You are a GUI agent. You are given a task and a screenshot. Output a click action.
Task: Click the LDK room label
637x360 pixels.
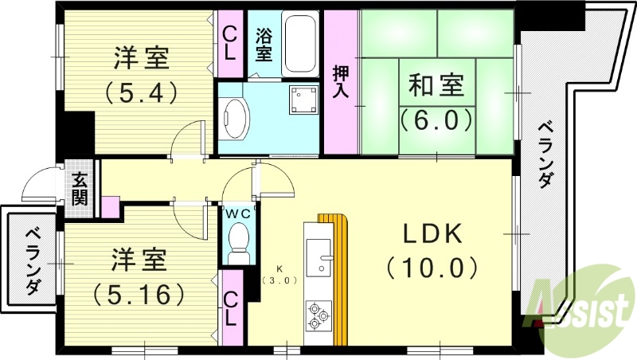(432, 234)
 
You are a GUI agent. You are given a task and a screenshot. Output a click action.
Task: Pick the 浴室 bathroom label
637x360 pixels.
(264, 45)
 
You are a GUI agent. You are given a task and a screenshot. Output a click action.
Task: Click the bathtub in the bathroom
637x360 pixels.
(300, 43)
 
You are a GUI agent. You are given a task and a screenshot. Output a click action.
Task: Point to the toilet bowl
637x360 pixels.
(237, 241)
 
